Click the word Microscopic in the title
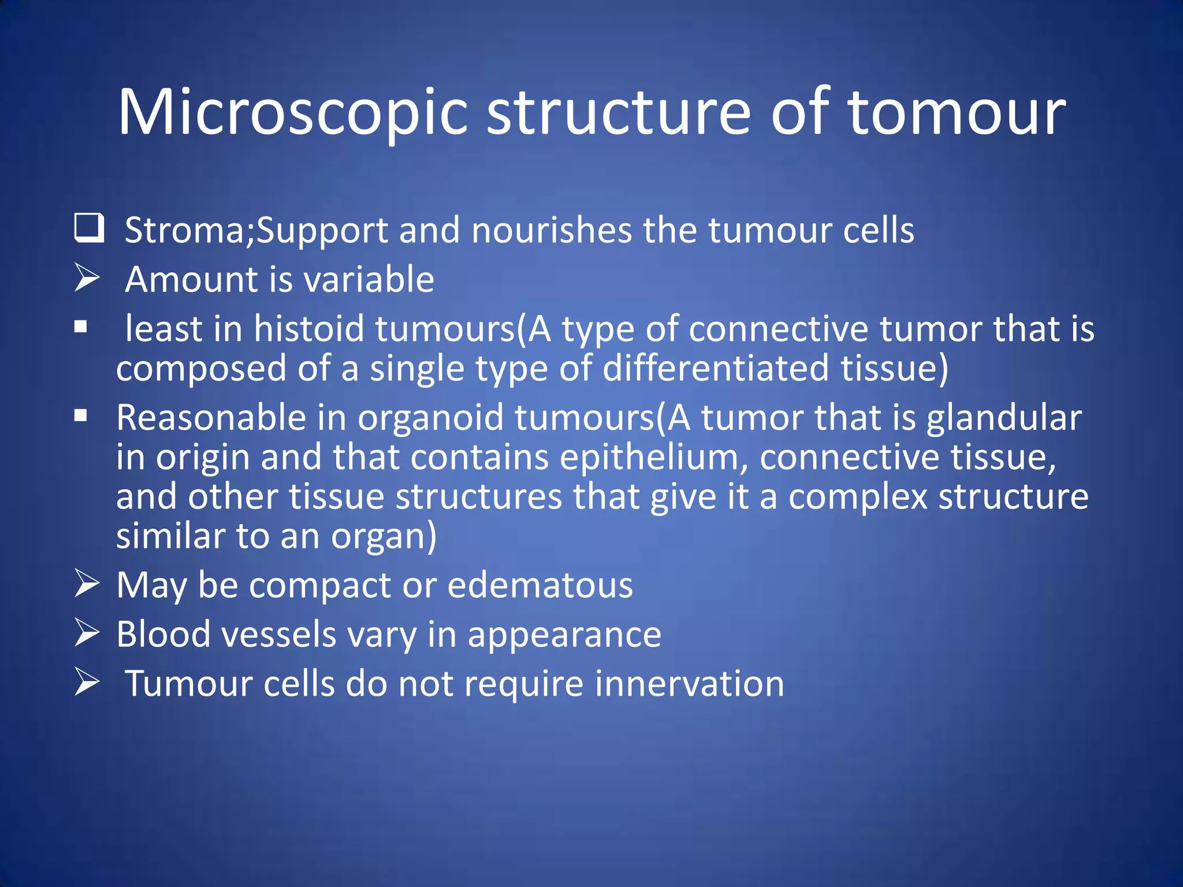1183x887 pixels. pyautogui.click(x=292, y=113)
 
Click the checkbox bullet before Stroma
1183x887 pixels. pyautogui.click(x=89, y=228)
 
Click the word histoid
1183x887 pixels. pyautogui.click(x=308, y=328)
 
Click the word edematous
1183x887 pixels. pyautogui.click(x=540, y=585)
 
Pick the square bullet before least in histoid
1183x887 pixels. pyautogui.click(x=81, y=327)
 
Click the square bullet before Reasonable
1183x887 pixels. pyautogui.click(x=81, y=416)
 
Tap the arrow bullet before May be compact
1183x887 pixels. pyautogui.click(x=87, y=583)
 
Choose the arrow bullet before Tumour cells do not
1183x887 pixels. pyautogui.click(x=87, y=682)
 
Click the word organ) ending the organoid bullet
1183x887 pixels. pyautogui.click(x=384, y=537)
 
